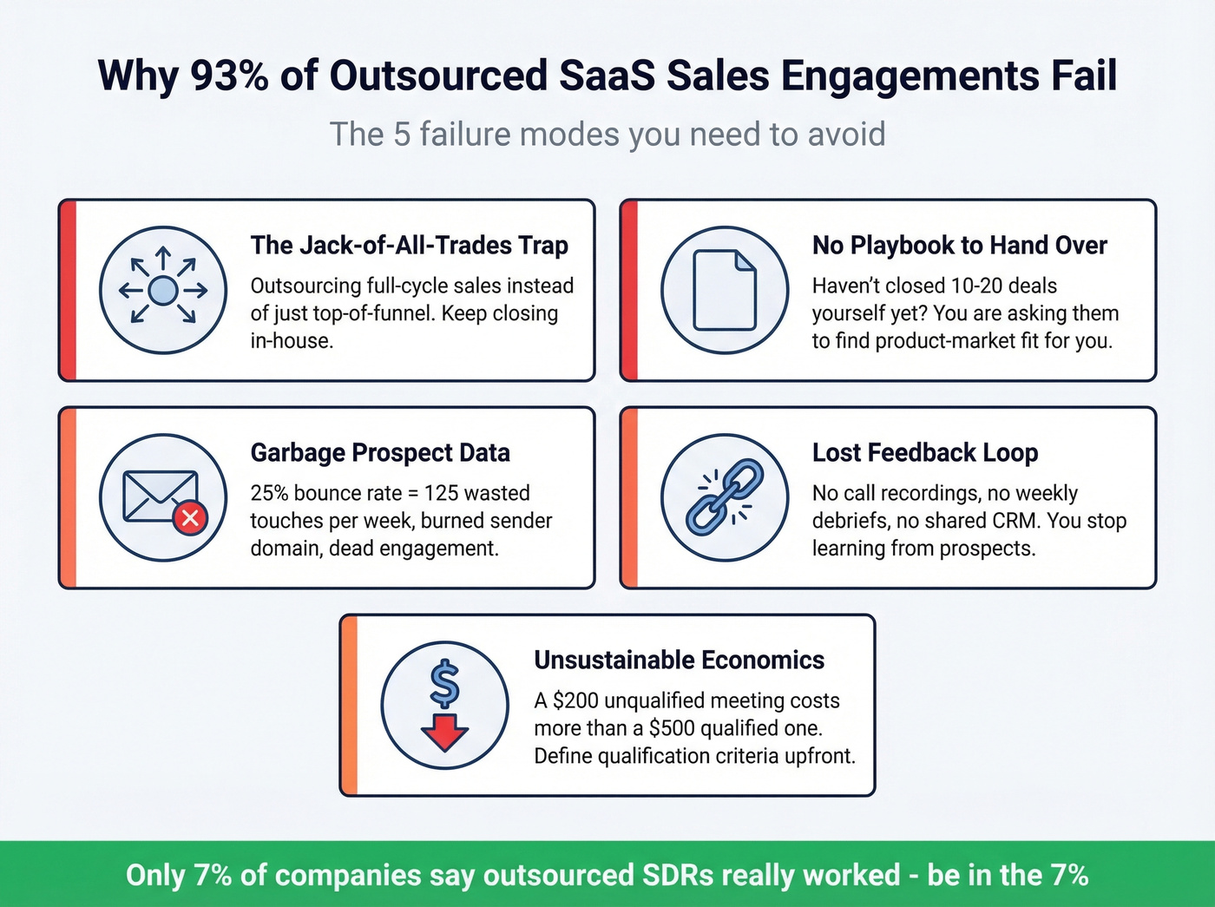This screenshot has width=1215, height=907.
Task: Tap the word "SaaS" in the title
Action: pos(607,76)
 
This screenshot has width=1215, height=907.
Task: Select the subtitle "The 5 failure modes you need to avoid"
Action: pos(607,135)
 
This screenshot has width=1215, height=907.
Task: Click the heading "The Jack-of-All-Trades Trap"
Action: pos(409,246)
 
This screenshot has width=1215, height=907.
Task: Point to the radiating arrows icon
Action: pos(163,290)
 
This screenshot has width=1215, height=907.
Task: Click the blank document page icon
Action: pos(725,290)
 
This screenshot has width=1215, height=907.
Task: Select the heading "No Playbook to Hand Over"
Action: pos(959,246)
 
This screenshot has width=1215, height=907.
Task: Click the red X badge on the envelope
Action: pos(190,518)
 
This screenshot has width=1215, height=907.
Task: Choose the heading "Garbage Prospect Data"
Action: pos(380,453)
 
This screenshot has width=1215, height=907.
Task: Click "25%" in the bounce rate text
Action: pos(270,493)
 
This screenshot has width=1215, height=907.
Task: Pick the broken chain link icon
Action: pos(725,497)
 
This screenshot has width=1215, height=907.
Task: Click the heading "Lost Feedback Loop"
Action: pos(925,453)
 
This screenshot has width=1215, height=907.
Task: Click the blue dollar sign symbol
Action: pos(445,683)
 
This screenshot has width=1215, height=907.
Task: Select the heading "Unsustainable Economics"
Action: pos(679,661)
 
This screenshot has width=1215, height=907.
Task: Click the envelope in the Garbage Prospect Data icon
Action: pos(159,496)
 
